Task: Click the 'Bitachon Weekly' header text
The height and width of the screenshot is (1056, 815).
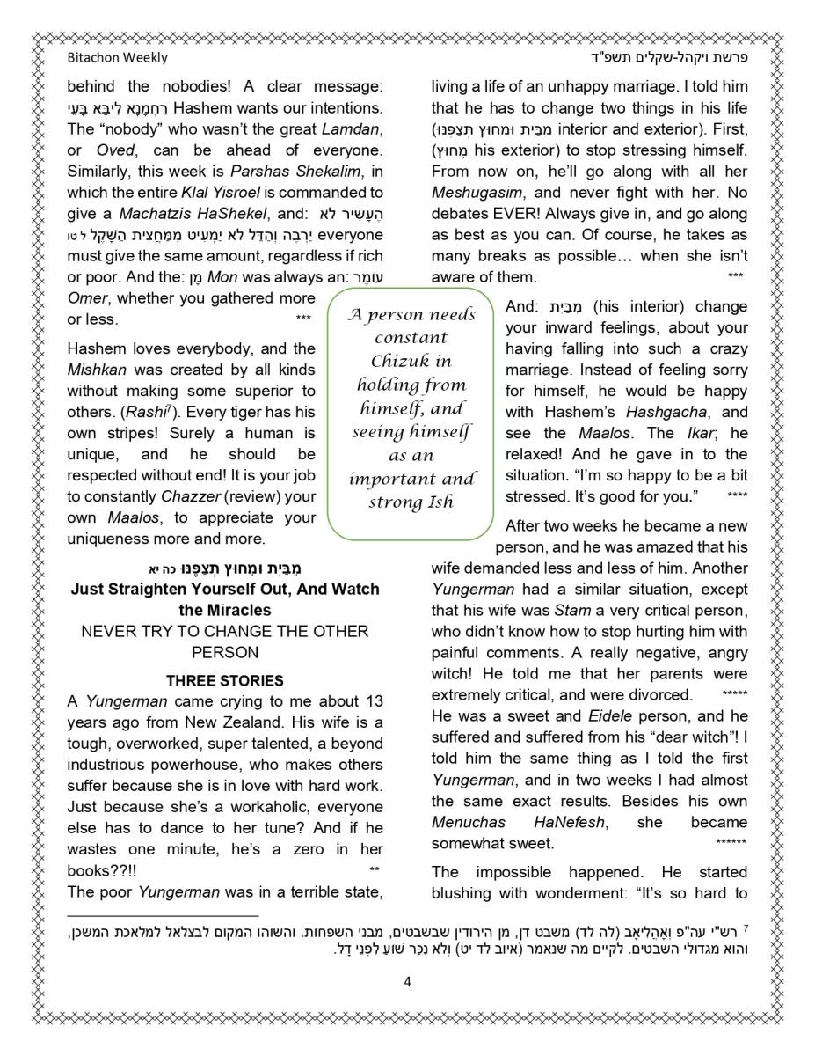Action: (x=117, y=58)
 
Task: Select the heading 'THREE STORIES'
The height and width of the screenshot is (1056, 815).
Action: (x=225, y=680)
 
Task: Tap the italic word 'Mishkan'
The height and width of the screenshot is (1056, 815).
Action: (x=97, y=370)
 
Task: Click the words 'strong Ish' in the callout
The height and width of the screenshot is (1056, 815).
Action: (x=411, y=502)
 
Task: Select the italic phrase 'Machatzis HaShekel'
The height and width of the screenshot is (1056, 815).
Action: (x=179, y=214)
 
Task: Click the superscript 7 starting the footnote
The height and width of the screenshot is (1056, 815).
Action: (x=745, y=928)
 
